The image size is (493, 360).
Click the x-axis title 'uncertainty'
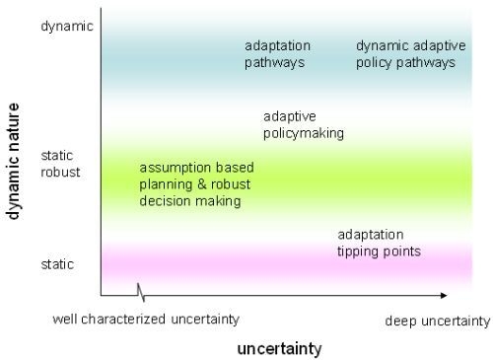(279, 348)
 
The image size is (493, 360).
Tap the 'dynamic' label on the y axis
(67, 26)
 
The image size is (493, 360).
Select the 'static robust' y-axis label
(60, 164)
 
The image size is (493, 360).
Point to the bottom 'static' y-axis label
(59, 263)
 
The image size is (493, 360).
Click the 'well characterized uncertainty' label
(146, 320)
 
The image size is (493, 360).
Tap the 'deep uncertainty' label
(436, 321)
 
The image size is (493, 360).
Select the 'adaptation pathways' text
(278, 54)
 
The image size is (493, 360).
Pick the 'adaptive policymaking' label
(303, 124)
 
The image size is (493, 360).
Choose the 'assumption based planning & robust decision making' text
(190, 184)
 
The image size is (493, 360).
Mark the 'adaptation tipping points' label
(379, 243)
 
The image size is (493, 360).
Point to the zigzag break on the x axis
(142, 294)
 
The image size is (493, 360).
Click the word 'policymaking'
(303, 133)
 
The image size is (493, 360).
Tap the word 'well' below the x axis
(65, 320)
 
